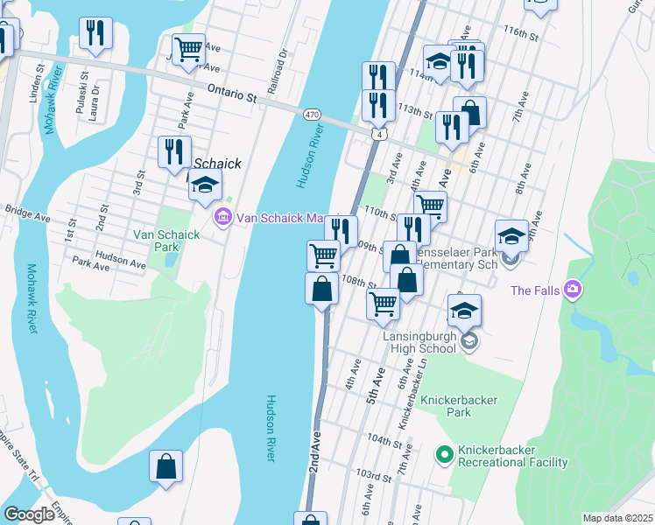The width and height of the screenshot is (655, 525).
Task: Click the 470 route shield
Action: pos(312,115)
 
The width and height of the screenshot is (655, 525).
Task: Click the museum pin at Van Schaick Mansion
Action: pos(223,217)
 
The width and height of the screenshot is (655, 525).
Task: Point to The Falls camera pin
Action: pos(572,289)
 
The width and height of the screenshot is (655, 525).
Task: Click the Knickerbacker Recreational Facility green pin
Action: pos(444,453)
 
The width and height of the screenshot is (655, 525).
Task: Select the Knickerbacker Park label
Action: pos(459,406)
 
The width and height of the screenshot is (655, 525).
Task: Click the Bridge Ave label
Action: pos(25,210)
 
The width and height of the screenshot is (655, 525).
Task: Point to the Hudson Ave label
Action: pos(120,261)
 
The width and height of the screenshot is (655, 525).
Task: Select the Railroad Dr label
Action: pos(282,63)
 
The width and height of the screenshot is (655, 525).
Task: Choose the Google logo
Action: pos(29,514)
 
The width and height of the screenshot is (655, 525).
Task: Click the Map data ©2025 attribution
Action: pos(618,518)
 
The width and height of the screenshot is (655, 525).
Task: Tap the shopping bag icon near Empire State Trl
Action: pos(166,467)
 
